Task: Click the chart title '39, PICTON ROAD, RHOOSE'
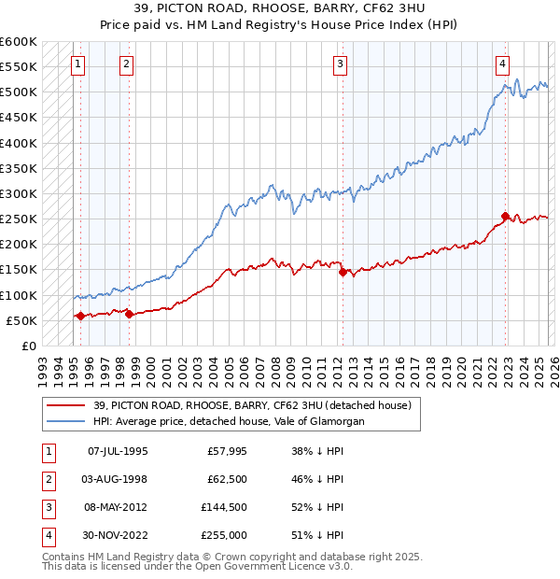(279, 9)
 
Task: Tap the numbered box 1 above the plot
(77, 64)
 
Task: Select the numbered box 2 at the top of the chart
(126, 64)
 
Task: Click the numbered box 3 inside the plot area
(341, 64)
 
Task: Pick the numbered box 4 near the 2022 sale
(502, 64)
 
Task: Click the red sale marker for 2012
(343, 273)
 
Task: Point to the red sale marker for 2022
(506, 217)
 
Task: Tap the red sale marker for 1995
(80, 317)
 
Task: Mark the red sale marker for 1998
(129, 314)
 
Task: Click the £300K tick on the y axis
(19, 194)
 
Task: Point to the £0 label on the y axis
(27, 346)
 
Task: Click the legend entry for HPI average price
(228, 421)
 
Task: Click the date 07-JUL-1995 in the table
(117, 451)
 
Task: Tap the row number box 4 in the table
(47, 535)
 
